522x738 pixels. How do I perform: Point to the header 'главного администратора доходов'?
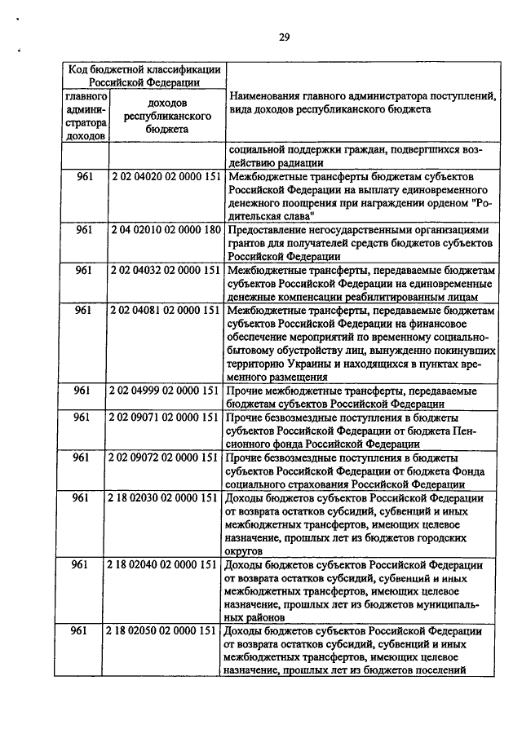(86, 116)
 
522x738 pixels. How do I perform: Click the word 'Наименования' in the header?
(268, 96)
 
